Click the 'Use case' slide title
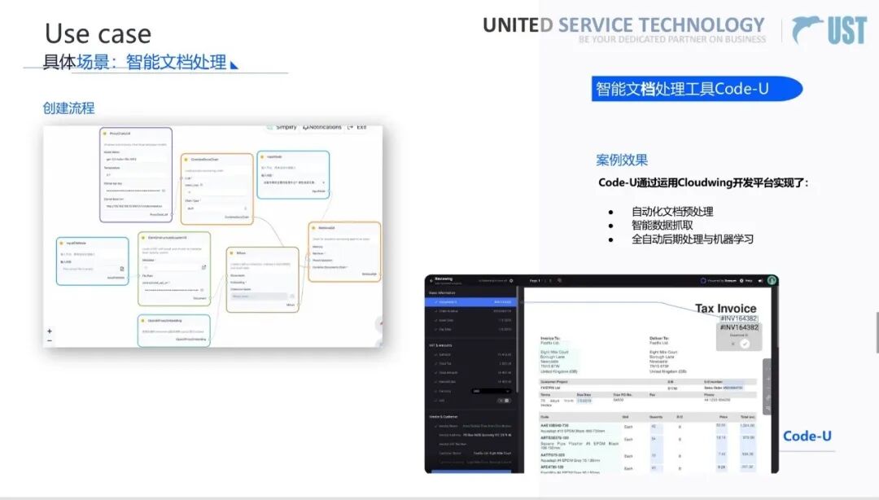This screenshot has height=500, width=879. click(x=98, y=33)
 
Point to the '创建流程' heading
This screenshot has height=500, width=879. click(x=69, y=108)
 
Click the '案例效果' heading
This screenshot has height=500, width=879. click(x=622, y=160)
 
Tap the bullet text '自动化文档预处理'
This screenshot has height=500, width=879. click(x=672, y=212)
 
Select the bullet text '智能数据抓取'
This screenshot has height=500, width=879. click(x=663, y=226)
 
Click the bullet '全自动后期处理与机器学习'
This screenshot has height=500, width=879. click(x=692, y=239)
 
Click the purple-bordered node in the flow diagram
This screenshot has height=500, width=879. click(x=136, y=174)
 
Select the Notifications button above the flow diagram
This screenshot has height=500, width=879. click(x=322, y=127)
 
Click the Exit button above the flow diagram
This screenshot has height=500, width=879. click(x=357, y=127)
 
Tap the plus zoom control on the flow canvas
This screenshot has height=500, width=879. click(x=50, y=331)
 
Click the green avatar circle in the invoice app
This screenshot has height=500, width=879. click(x=772, y=280)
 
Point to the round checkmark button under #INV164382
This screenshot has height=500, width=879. click(x=744, y=344)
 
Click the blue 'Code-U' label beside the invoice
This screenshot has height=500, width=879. click(x=807, y=436)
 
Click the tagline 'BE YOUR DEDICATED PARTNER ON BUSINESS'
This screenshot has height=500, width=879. click(x=672, y=39)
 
